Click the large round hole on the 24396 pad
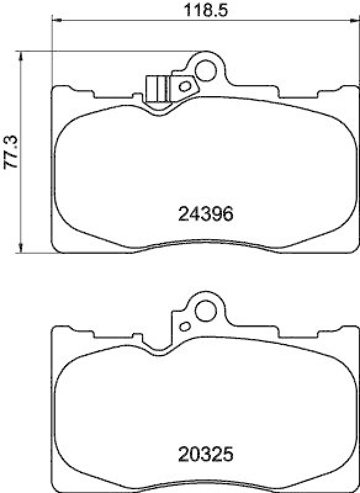205,71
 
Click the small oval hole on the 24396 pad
183,86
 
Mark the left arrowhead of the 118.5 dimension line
55,20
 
